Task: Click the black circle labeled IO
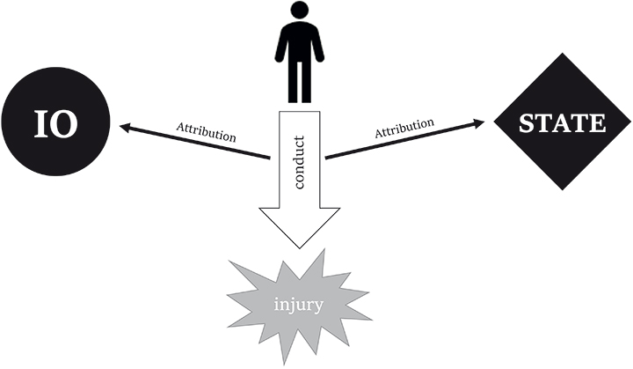pyautogui.click(x=55, y=123)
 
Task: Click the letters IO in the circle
pyautogui.click(x=55, y=124)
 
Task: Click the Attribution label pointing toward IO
pyautogui.click(x=206, y=133)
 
